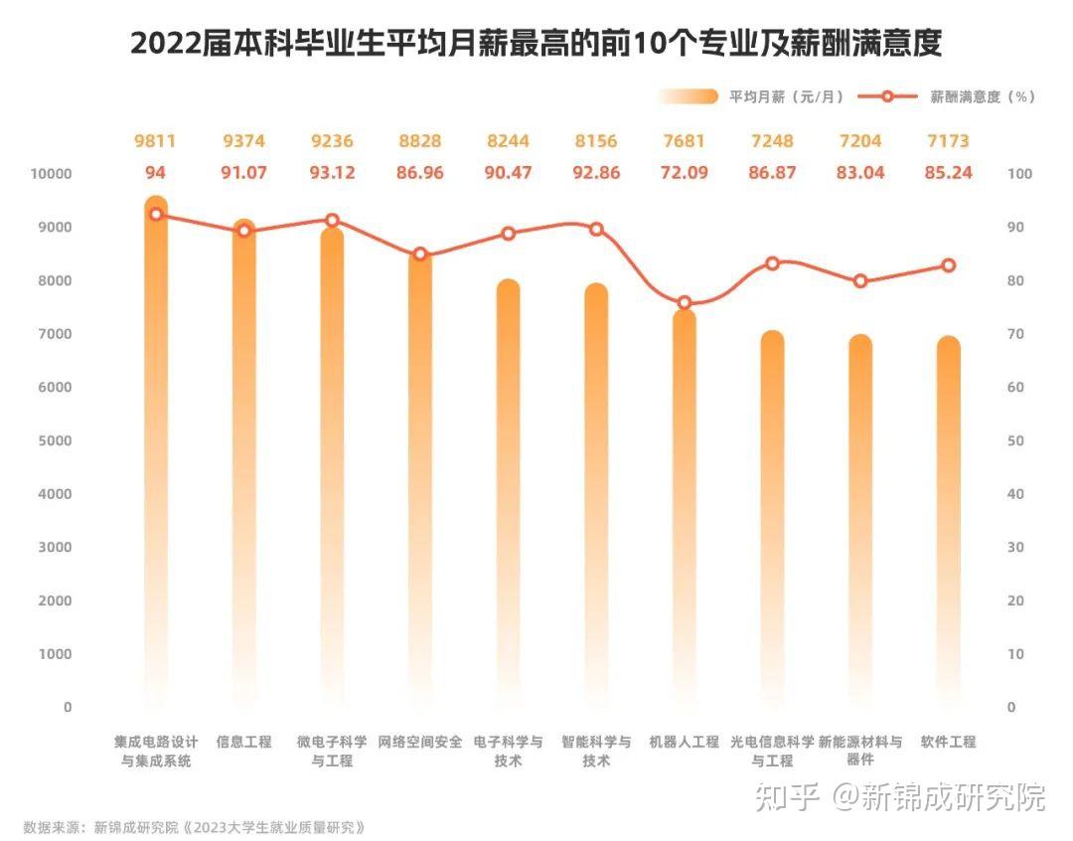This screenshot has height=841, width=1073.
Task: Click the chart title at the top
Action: point(536,44)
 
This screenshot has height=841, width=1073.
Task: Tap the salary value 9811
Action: point(155,141)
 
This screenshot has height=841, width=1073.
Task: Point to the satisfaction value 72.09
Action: point(685,173)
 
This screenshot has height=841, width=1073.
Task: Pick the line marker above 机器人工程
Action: point(685,302)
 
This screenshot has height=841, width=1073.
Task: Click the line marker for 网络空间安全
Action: point(420,254)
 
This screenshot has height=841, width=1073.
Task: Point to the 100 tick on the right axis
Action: point(1020,174)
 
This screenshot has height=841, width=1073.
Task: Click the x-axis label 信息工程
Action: point(243,742)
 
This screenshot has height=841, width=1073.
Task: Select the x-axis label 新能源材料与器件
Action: point(860,751)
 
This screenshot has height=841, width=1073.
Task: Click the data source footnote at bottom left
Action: point(195,826)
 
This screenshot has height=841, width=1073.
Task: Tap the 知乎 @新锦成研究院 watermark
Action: point(900,796)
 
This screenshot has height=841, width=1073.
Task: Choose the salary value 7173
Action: point(948,141)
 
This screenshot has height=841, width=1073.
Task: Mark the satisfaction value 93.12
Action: point(332,173)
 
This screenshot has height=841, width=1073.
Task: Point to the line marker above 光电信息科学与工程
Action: point(772,263)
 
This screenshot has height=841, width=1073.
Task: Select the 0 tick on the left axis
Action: point(68,708)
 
